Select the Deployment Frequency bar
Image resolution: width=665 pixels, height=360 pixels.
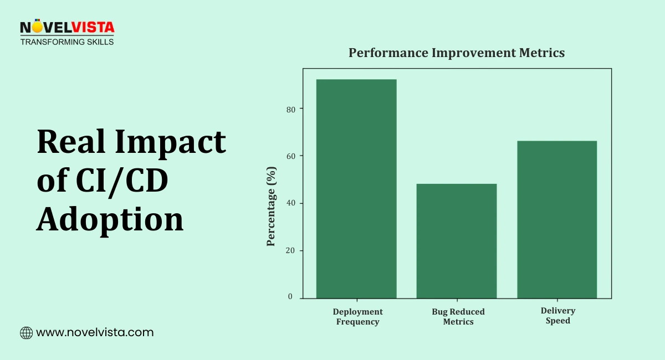356,189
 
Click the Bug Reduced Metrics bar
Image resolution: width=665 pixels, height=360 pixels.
457,241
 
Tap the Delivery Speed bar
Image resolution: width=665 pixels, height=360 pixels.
557,219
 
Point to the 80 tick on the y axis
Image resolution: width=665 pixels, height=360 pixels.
290,109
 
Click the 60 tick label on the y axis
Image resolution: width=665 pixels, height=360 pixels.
290,156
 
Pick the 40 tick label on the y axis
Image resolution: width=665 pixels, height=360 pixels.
290,203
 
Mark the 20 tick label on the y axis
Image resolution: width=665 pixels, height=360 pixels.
290,250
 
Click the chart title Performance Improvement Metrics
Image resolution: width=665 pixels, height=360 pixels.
457,53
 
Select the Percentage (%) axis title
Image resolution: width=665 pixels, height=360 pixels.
271,205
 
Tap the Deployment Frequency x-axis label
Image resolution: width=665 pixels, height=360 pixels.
358,317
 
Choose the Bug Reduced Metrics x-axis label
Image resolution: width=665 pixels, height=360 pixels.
458,317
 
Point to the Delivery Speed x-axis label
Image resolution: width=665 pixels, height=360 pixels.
558,316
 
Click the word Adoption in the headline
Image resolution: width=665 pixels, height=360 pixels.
110,219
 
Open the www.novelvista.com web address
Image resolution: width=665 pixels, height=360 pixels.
95,333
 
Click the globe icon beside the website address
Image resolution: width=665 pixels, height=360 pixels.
26,333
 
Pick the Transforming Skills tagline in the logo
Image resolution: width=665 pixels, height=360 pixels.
67,42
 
